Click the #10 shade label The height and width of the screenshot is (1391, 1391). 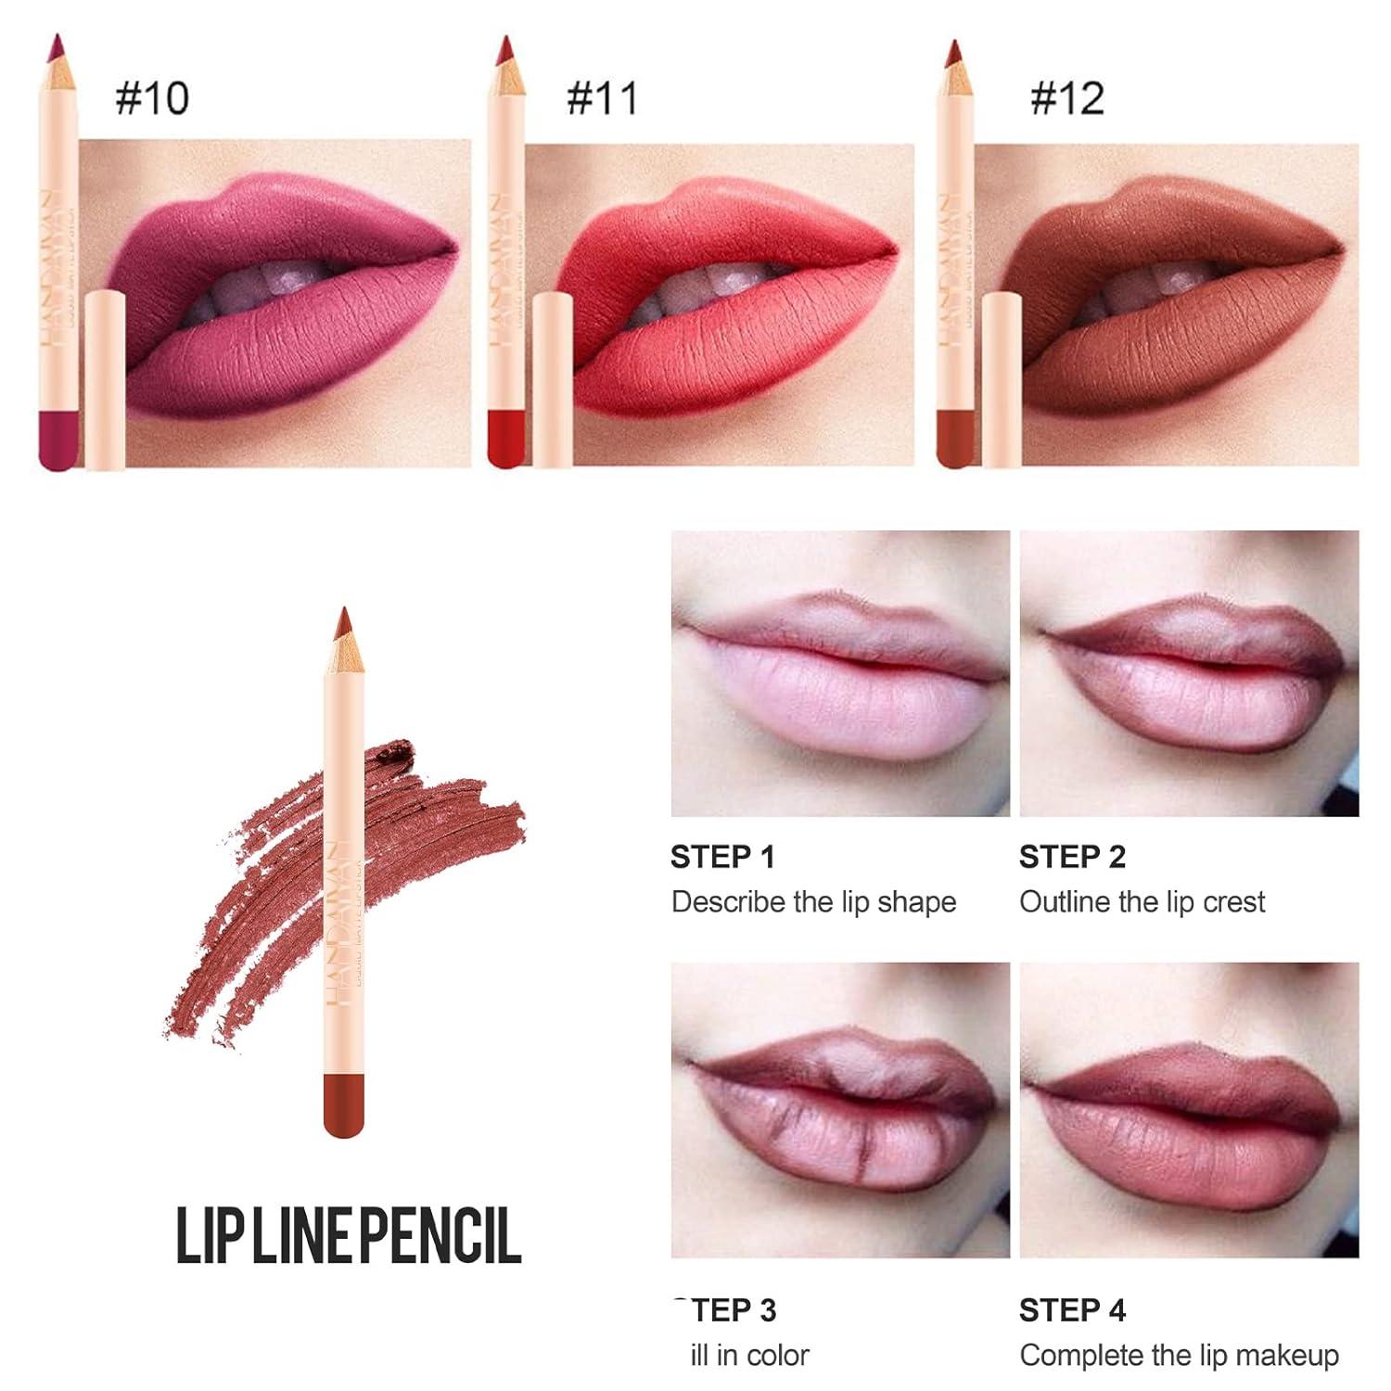(152, 98)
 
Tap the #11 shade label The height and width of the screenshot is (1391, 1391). (603, 98)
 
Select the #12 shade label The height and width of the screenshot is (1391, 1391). (1067, 98)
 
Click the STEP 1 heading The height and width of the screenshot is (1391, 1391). (722, 857)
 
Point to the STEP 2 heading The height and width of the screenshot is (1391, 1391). (1072, 857)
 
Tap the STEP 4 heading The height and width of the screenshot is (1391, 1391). (1072, 1309)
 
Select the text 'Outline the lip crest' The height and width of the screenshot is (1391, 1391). (1142, 901)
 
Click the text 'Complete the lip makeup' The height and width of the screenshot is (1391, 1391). (1179, 1355)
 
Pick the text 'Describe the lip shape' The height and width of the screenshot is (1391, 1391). (813, 901)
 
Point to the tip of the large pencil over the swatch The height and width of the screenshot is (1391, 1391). (344, 619)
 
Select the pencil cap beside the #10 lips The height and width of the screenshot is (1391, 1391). (104, 380)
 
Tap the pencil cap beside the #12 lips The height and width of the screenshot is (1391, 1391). (1002, 380)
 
